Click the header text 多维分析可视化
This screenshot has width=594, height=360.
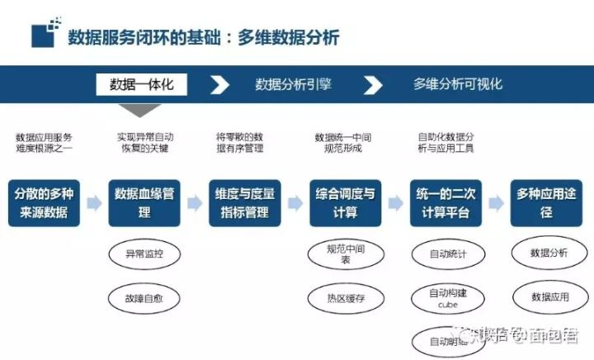tap(457, 84)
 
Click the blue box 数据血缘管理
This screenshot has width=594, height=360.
tap(144, 202)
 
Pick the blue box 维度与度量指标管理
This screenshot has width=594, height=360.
tap(244, 202)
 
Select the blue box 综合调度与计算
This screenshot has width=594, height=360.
tap(345, 202)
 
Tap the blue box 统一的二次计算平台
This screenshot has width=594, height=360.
tap(445, 202)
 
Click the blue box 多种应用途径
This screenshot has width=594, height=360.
tap(546, 202)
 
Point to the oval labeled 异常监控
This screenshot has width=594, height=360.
tap(144, 253)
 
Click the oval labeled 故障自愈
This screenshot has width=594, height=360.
tap(144, 297)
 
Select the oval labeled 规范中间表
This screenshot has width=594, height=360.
tap(345, 253)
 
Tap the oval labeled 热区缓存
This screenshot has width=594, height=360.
tap(345, 297)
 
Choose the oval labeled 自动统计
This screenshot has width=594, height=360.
tap(448, 253)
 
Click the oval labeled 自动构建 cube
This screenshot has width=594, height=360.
tap(448, 298)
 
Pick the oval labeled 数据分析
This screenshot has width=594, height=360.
tap(549, 253)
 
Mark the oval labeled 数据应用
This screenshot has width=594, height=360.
tap(549, 296)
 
